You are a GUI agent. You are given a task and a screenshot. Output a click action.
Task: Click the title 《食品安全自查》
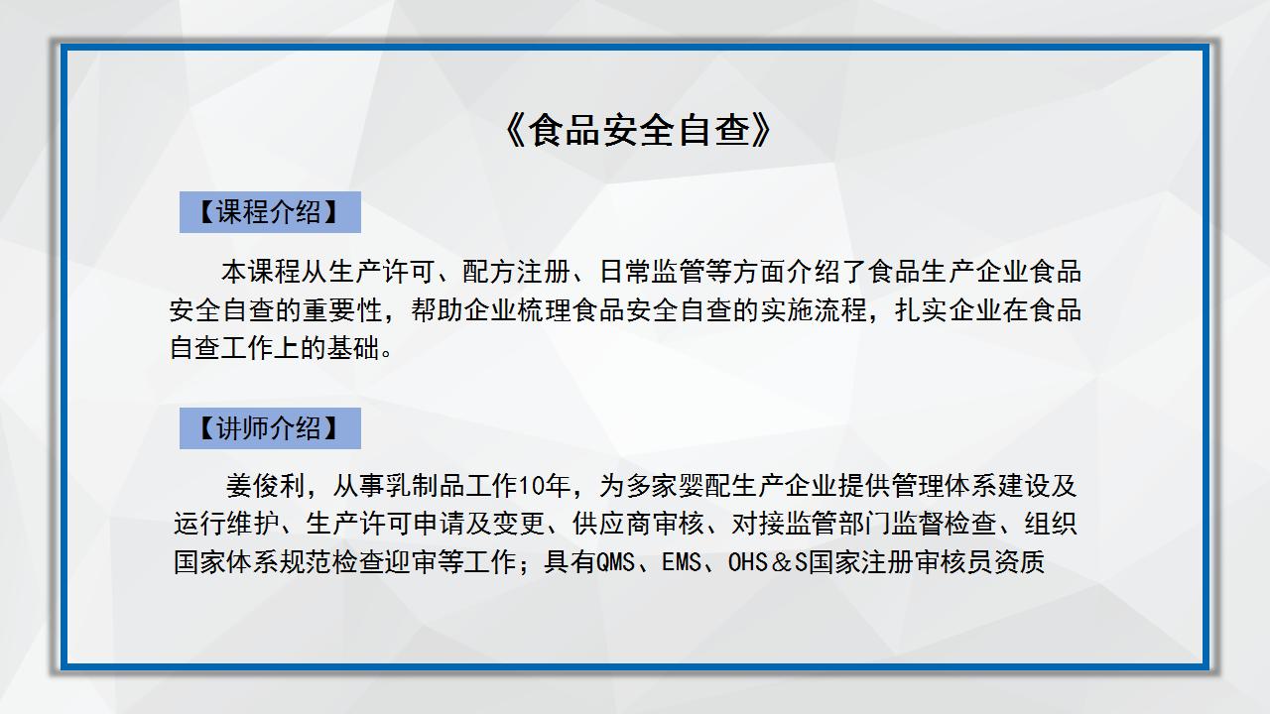coord(637,130)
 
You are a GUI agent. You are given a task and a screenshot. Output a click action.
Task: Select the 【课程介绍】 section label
coord(270,212)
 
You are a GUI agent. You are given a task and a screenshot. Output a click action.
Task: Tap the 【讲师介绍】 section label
coord(270,427)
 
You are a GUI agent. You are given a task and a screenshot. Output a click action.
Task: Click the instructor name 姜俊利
coord(265,486)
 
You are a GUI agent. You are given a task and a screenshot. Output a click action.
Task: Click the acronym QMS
coord(614,562)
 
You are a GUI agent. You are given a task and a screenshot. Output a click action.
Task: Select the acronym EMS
coord(682,562)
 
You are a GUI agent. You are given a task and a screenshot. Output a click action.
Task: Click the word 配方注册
coord(516,272)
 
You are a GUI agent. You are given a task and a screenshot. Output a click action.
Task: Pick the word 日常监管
coord(652,272)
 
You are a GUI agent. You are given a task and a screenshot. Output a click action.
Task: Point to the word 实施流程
coord(814,310)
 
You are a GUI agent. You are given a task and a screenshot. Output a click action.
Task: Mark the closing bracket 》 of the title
coord(761,130)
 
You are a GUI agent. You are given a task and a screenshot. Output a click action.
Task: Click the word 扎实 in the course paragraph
coord(922,310)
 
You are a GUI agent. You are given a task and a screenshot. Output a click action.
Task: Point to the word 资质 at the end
coord(1018,562)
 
